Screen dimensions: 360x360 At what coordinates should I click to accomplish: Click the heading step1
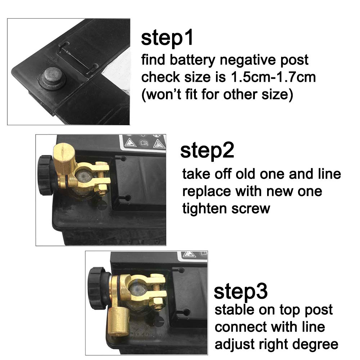click(167, 39)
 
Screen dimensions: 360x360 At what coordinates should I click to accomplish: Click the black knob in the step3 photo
click(96, 288)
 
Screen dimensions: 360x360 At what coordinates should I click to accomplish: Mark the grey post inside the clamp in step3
click(137, 288)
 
